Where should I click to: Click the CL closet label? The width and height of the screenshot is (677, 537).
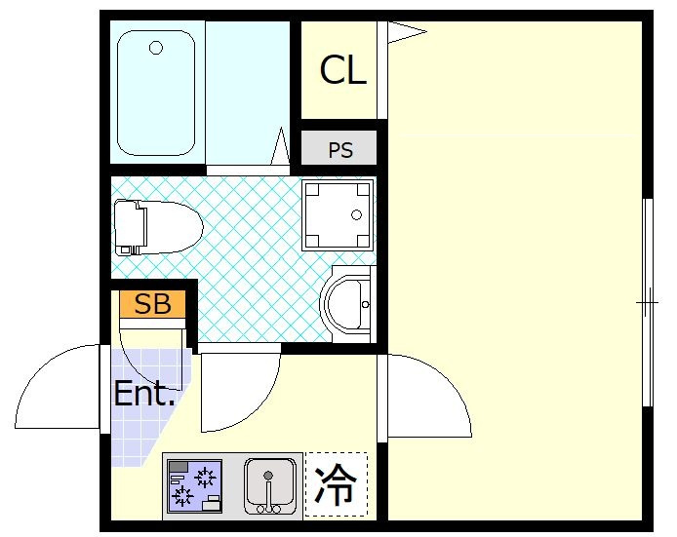tap(343, 70)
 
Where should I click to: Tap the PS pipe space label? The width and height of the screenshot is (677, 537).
tap(339, 150)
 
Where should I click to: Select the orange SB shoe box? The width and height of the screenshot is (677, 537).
tap(152, 304)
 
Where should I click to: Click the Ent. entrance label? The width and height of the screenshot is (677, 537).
tap(144, 395)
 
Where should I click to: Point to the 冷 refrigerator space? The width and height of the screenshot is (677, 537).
tap(337, 484)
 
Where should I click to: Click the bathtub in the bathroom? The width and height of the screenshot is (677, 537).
tap(156, 93)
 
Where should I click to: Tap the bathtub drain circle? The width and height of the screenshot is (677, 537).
tap(155, 47)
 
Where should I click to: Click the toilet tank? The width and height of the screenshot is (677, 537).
tap(127, 227)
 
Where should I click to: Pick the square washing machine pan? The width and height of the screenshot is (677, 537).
tap(338, 214)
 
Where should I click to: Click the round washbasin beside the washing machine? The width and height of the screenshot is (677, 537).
tap(347, 304)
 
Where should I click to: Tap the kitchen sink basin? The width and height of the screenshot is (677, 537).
tap(268, 484)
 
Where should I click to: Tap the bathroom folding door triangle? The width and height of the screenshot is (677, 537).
tap(280, 148)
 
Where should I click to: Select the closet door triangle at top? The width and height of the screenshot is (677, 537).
tap(405, 33)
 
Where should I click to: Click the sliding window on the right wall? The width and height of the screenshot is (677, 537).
tap(647, 302)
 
